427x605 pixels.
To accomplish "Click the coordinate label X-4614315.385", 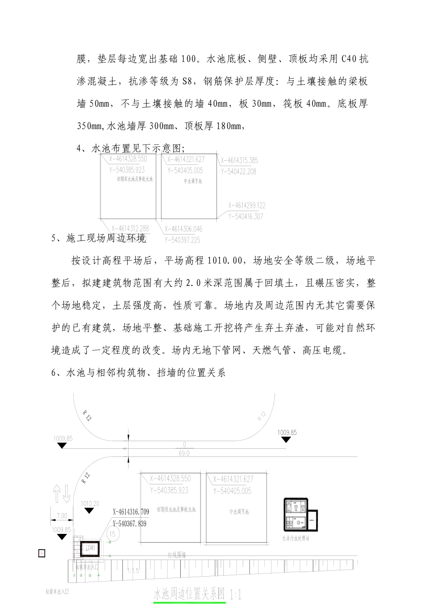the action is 239,160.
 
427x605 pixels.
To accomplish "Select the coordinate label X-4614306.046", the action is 183,229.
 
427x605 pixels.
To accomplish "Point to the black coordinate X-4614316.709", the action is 131,512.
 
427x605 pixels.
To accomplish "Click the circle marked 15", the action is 112,534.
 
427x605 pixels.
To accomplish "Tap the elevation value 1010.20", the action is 90,503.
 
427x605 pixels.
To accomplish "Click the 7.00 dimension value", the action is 62,516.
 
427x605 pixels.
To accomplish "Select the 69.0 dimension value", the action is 184,453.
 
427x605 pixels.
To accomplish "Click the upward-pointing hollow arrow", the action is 57,493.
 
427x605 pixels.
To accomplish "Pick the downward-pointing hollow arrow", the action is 67,493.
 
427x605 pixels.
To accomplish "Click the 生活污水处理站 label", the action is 295,538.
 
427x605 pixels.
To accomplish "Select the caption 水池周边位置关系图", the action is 189,594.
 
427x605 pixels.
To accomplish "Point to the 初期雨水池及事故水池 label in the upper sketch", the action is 135,179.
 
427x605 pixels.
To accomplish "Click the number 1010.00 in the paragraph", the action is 225,260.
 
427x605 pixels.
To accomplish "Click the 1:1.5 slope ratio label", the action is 133,570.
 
